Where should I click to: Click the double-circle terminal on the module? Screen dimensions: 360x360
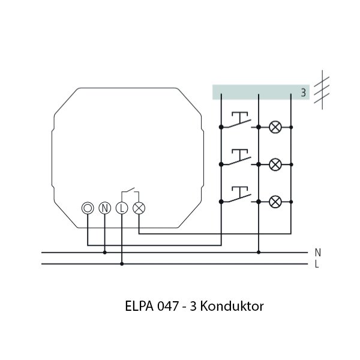click(88, 208)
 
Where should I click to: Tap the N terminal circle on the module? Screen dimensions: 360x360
click(105, 208)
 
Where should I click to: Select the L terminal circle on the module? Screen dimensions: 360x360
click(122, 208)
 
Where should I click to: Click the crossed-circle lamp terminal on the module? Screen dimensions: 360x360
click(139, 208)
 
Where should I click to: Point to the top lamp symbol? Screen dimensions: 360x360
click(275, 127)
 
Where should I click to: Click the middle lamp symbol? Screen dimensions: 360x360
click(275, 164)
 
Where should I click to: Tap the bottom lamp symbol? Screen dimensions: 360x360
click(275, 201)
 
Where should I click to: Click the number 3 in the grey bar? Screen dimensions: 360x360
click(303, 93)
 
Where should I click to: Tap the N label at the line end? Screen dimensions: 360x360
click(317, 253)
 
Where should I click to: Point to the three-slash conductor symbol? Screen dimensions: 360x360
click(323, 88)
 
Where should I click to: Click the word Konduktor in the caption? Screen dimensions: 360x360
click(234, 307)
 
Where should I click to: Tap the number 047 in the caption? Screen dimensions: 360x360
click(168, 307)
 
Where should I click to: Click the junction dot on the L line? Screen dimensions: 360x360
click(122, 263)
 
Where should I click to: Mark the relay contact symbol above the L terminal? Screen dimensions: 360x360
click(130, 193)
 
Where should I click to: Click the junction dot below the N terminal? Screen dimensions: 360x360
click(105, 253)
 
